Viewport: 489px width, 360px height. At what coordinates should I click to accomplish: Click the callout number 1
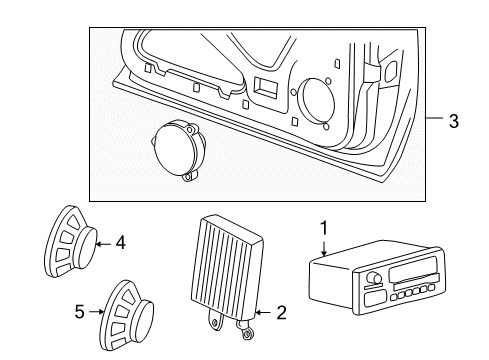click(x=322, y=228)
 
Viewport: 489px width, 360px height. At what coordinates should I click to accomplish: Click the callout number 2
click(x=282, y=313)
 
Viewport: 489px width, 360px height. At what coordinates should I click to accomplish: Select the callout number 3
click(x=454, y=122)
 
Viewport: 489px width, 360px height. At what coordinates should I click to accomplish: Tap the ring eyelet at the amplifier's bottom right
click(x=248, y=324)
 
